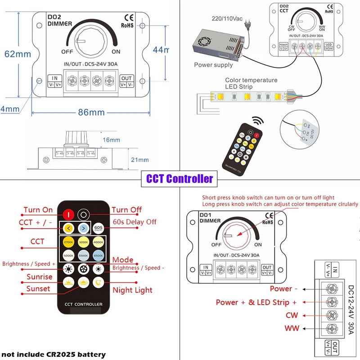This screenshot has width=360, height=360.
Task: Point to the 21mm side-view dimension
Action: [x=139, y=160]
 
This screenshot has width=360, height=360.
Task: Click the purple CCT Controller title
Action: [x=180, y=179]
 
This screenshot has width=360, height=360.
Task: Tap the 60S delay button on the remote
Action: [x=99, y=228]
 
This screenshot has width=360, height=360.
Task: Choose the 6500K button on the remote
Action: [x=99, y=256]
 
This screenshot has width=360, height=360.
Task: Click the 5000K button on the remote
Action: [x=68, y=256]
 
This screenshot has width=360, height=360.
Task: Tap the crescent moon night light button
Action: [x=99, y=283]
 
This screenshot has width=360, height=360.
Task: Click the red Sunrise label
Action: [x=39, y=277]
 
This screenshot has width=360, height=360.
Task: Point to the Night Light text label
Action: [x=132, y=290]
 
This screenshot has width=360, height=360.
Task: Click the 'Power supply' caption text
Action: [x=213, y=65]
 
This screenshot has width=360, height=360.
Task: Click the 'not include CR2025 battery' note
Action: [x=53, y=354]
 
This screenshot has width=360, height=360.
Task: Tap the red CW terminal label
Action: [x=291, y=315]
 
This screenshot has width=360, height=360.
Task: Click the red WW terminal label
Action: [x=292, y=328]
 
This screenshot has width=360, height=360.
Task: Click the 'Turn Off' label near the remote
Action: [x=126, y=210]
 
